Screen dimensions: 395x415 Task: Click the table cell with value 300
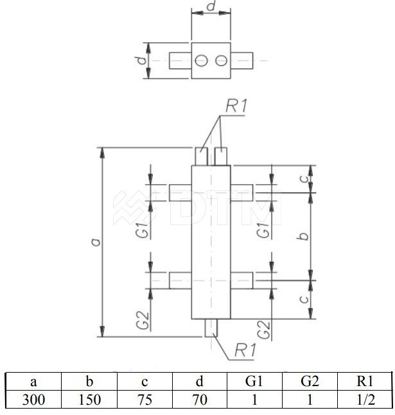33,399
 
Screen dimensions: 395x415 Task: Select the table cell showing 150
89,399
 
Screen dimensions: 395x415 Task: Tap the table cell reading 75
145,399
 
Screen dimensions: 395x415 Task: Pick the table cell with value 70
200,399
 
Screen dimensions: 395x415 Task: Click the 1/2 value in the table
365,399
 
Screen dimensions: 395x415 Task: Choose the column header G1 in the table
254,382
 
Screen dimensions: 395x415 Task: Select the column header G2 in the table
310,382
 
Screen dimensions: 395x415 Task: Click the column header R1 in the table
365,382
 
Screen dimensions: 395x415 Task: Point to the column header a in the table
33,382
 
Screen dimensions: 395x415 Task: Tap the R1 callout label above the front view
236,106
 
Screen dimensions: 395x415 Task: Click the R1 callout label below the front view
245,350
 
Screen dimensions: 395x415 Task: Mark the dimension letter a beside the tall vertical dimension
96,242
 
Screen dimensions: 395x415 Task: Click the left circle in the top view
201,60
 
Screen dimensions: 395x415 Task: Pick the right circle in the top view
221,60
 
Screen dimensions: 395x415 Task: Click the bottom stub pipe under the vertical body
211,328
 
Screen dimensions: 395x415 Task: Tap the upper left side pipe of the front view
180,192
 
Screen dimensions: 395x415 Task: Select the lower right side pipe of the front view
241,280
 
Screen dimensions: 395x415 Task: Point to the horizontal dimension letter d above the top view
211,6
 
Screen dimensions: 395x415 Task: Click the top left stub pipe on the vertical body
202,157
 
